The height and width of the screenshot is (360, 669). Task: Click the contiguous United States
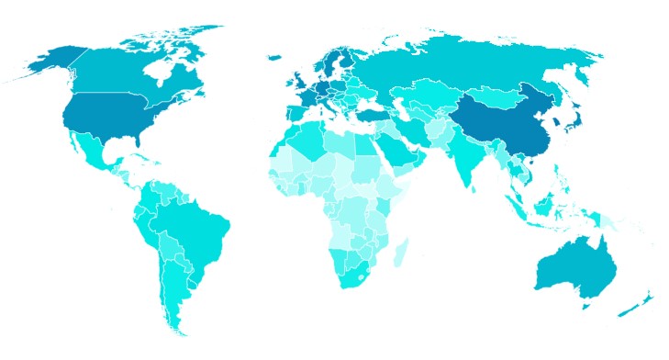tap(101, 115)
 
